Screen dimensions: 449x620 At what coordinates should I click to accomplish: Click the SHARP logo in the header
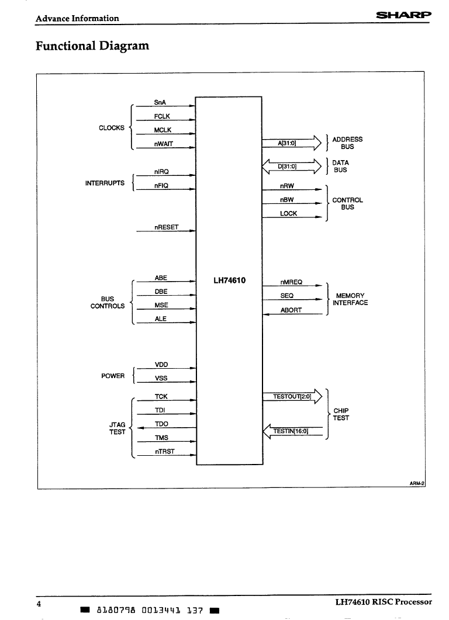coord(403,15)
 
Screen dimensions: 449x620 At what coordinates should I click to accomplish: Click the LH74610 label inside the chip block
coord(229,280)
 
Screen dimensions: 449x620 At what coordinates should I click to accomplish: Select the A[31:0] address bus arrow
coord(292,143)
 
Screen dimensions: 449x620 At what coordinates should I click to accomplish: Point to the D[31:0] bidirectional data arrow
coord(292,167)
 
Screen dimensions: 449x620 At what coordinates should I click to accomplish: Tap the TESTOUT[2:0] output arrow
coord(292,396)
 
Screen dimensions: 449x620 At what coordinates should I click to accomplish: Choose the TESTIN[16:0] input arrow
coord(293,431)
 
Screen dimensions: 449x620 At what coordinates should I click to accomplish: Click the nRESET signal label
coord(166,227)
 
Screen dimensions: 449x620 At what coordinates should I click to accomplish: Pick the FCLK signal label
coord(162,116)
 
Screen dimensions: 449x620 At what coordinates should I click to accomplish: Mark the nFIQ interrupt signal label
coord(161,185)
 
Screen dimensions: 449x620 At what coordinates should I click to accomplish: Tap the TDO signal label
coord(161,424)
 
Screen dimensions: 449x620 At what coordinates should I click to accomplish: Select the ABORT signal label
coord(291,310)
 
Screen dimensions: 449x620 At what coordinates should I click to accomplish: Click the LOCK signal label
coord(288,213)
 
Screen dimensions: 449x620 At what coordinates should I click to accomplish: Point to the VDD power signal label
coord(161,365)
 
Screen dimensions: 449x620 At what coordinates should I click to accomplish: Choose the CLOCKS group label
coord(112,128)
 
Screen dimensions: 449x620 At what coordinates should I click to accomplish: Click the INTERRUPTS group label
coord(105,183)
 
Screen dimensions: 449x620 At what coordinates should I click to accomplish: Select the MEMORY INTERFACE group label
coord(350,299)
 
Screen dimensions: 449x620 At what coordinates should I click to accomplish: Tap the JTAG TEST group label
coord(117,428)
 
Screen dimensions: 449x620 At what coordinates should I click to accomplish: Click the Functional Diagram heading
coord(92,46)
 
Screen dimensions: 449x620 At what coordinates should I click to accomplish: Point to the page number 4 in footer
coord(39,604)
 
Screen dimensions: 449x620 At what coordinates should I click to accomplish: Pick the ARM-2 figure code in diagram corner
coord(417,483)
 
